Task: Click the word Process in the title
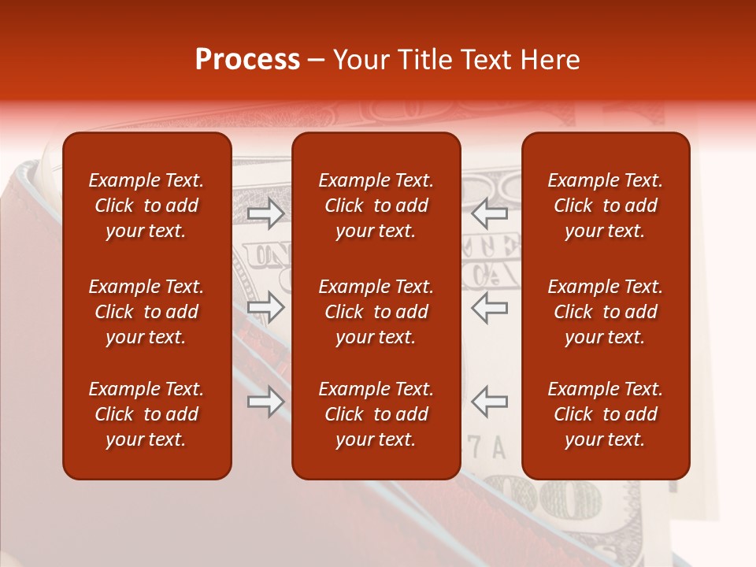point(247,60)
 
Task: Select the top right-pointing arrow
point(265,213)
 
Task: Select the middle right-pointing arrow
point(265,307)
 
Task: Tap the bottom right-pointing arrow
point(265,402)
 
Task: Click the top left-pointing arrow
point(490,213)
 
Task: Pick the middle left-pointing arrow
point(490,307)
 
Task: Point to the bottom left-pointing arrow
point(490,402)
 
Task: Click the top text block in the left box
point(146,206)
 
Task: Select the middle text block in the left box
point(146,312)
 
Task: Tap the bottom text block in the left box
point(146,414)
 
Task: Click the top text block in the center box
point(376,206)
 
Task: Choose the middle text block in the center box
point(376,312)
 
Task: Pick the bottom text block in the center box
point(376,414)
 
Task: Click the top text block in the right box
point(606,206)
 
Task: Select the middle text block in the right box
point(606,312)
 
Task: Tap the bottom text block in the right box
point(606,414)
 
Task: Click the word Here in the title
point(549,60)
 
